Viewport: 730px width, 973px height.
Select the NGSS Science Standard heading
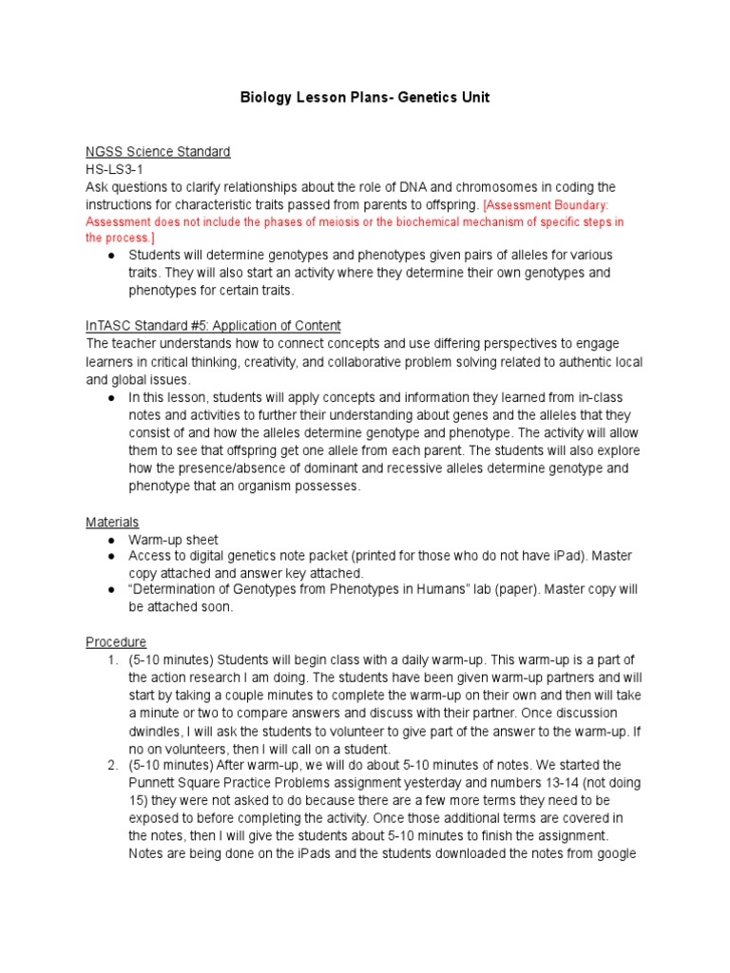tap(158, 152)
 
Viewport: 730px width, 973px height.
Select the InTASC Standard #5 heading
tap(213, 325)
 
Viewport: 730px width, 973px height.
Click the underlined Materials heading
tap(112, 522)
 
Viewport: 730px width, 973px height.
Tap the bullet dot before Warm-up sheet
tap(111, 540)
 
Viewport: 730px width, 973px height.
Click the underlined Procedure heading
tap(116, 642)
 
